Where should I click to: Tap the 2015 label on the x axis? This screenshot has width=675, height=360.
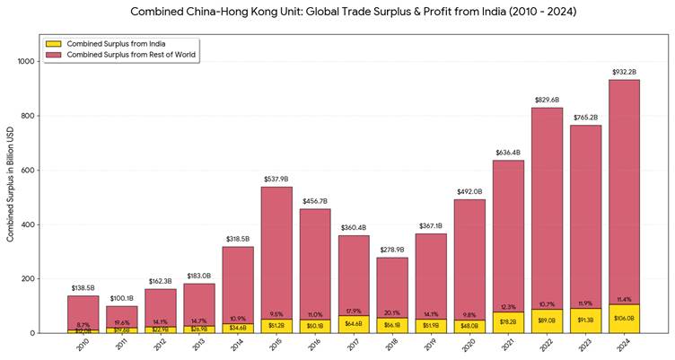[276, 347]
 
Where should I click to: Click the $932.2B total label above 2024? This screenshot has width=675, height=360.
[626, 72]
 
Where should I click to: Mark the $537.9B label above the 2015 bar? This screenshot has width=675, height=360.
[276, 180]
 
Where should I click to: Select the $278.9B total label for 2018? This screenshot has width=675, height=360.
[393, 250]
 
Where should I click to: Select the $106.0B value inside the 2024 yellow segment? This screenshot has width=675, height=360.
[626, 318]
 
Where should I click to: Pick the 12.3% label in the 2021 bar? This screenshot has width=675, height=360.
[509, 307]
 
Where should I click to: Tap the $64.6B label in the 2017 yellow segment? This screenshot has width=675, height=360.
[354, 324]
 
